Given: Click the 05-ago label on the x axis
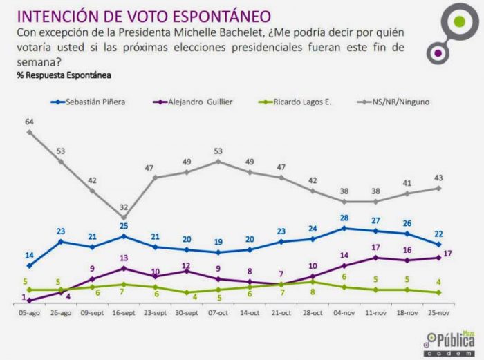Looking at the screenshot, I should click(x=29, y=312).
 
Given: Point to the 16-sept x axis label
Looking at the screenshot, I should click(x=123, y=312).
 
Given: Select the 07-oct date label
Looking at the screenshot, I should click(x=218, y=312).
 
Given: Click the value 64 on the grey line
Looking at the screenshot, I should click(x=30, y=122).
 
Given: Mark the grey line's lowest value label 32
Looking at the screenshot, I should click(x=124, y=206).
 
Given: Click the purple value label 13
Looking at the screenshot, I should click(x=124, y=258).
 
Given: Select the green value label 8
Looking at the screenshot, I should click(x=313, y=292).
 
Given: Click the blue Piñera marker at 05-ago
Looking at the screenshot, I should click(x=29, y=266).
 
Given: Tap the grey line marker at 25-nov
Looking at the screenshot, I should click(x=438, y=188).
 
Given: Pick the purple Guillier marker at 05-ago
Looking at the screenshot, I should click(x=29, y=300).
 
